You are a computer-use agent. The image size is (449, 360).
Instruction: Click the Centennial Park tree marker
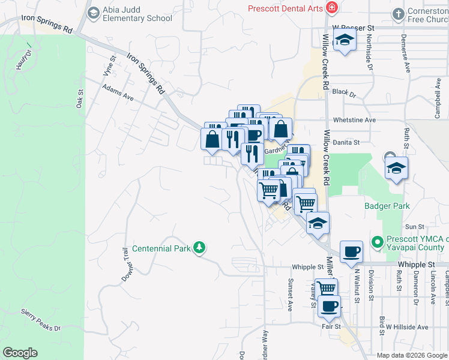[199, 248]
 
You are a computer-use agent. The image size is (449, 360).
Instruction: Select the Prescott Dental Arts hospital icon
[331, 8]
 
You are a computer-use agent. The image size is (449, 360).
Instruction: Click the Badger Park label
[387, 206]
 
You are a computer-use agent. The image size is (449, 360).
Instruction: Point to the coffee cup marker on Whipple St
[351, 251]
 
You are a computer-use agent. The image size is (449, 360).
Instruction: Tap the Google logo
[20, 353]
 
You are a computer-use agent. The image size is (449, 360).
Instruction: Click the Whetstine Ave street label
[354, 120]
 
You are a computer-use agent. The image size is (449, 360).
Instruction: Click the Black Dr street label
[344, 94]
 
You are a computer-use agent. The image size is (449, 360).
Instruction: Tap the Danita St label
[348, 143]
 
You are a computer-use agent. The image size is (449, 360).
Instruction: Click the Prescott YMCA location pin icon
[378, 242]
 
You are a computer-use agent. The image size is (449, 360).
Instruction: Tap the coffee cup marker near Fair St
[329, 306]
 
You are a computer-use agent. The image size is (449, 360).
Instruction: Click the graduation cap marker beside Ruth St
[396, 167]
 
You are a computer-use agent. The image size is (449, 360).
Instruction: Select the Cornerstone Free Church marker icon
[399, 14]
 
